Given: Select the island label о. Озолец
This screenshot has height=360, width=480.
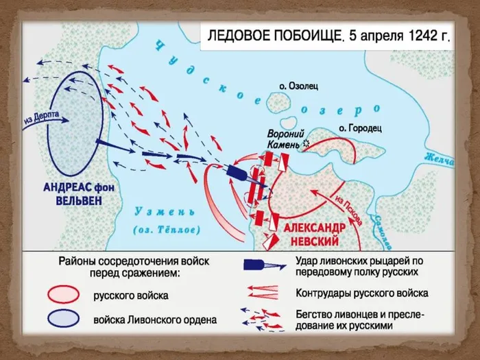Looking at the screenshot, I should pos(299,86).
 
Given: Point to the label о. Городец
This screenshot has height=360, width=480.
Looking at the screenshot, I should pos(361,128).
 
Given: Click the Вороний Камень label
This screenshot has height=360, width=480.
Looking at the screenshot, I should pos(283,139).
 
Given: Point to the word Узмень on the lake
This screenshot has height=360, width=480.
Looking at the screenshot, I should pos(157,211).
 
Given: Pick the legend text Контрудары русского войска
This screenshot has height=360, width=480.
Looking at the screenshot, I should pos(362,293).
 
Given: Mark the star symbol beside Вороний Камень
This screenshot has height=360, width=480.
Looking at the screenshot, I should pos(305,143).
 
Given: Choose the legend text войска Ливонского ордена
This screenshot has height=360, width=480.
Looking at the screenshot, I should pos(155,319).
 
